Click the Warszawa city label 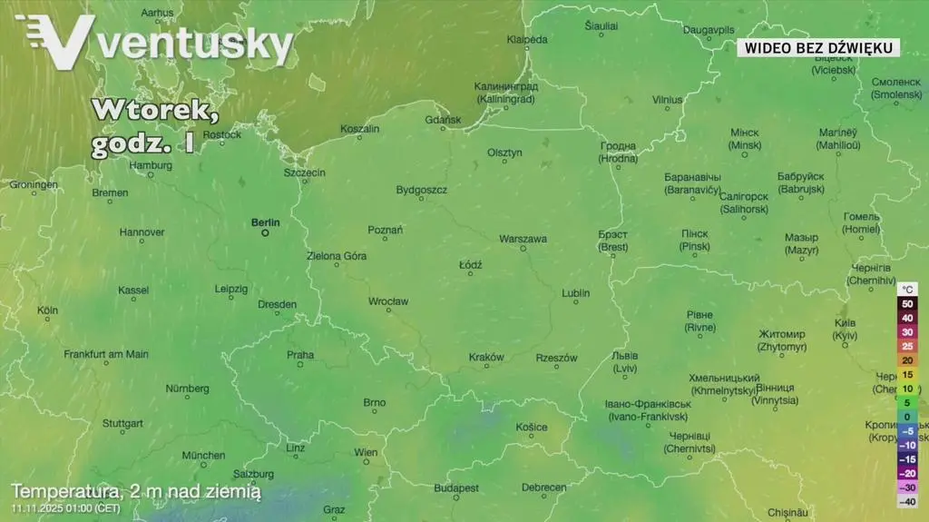(x=523, y=239)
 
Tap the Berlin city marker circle (x=266, y=232)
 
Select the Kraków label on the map (x=486, y=357)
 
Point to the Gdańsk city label (x=443, y=120)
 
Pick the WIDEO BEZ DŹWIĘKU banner (x=817, y=47)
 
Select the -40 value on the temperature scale (x=907, y=501)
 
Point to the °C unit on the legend (x=908, y=289)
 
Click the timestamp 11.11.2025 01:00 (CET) (x=65, y=508)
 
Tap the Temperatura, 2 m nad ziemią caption (x=136, y=491)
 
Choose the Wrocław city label (x=388, y=301)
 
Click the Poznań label (x=385, y=230)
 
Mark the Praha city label (x=300, y=355)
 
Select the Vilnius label (x=667, y=100)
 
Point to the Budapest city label (x=455, y=488)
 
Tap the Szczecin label (x=304, y=172)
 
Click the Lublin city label (x=575, y=293)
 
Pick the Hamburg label (x=151, y=165)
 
